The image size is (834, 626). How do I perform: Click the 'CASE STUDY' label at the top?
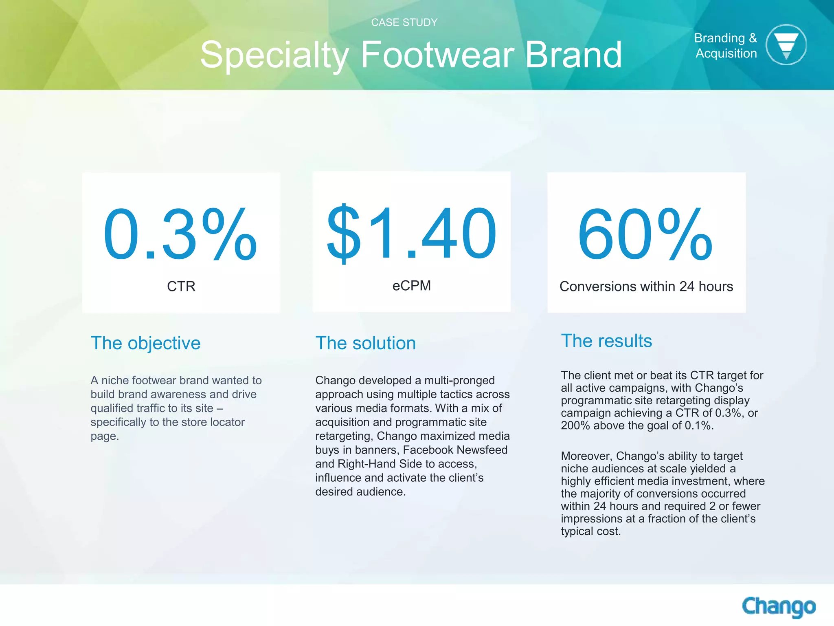click(x=404, y=22)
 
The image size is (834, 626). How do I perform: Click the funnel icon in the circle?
click(x=786, y=45)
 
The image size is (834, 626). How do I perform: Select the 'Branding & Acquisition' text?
click(x=726, y=46)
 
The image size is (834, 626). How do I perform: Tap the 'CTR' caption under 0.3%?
click(x=181, y=286)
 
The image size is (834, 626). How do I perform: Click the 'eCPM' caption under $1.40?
click(x=411, y=286)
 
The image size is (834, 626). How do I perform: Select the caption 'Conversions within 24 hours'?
click(x=646, y=287)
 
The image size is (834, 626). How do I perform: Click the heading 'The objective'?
click(x=145, y=343)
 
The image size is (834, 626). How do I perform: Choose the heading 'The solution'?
click(x=365, y=343)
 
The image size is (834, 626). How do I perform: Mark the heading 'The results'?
click(x=606, y=341)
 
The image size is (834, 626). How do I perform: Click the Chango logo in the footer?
click(x=779, y=606)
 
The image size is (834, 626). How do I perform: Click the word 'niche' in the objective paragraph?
click(x=115, y=380)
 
